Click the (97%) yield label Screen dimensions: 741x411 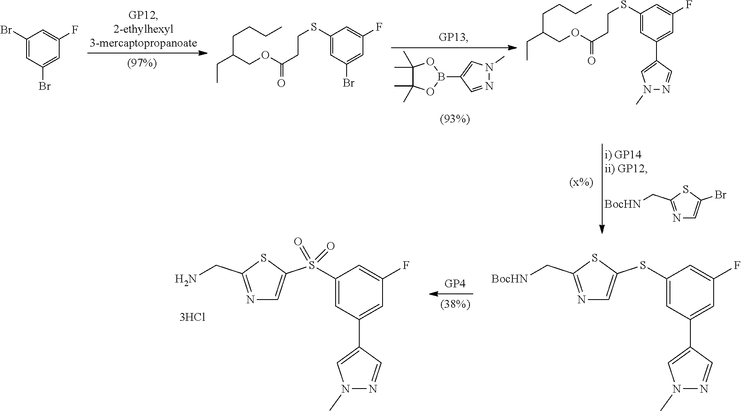pyautogui.click(x=141, y=64)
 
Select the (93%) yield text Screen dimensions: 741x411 pyautogui.click(x=454, y=120)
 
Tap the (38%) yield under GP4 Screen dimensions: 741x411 pyautogui.click(x=455, y=304)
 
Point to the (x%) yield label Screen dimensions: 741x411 pyautogui.click(x=581, y=182)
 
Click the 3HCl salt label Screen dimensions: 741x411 pyautogui.click(x=192, y=317)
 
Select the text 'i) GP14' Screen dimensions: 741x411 pyautogui.click(x=623, y=155)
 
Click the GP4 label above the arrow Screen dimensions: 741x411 pyautogui.click(x=455, y=284)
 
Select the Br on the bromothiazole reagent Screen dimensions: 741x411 pyautogui.click(x=720, y=195)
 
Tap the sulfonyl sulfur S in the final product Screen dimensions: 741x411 pyautogui.click(x=312, y=266)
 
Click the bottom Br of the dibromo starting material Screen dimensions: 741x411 pyautogui.click(x=44, y=87)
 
